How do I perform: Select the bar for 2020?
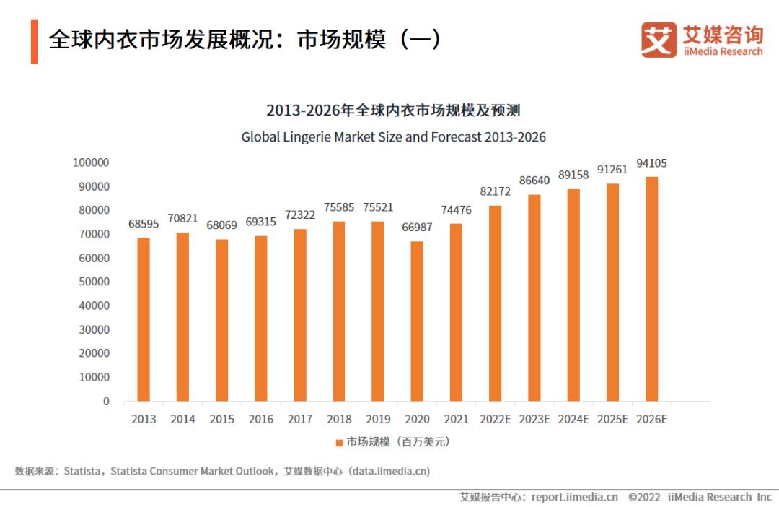pyautogui.click(x=417, y=321)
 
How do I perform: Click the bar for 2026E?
pyautogui.click(x=651, y=288)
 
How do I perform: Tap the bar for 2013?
pyautogui.click(x=144, y=319)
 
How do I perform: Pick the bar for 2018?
pyautogui.click(x=339, y=311)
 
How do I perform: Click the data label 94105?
pyautogui.click(x=651, y=163)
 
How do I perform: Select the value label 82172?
pyautogui.click(x=495, y=191)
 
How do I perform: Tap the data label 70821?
pyautogui.click(x=182, y=219)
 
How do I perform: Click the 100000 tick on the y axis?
pyautogui.click(x=91, y=162)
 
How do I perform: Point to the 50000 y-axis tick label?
pyautogui.click(x=94, y=282)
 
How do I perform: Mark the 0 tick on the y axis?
pyautogui.click(x=106, y=401)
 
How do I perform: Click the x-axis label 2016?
pyautogui.click(x=260, y=419)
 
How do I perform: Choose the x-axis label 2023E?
pyautogui.click(x=534, y=419)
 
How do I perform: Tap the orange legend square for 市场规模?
pyautogui.click(x=339, y=442)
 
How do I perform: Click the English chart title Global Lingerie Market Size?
pyautogui.click(x=393, y=136)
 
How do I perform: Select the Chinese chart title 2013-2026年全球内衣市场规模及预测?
pyautogui.click(x=393, y=110)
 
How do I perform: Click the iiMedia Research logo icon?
pyautogui.click(x=659, y=40)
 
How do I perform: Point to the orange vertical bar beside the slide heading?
pyautogui.click(x=34, y=41)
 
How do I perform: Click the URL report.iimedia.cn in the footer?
pyautogui.click(x=574, y=497)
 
